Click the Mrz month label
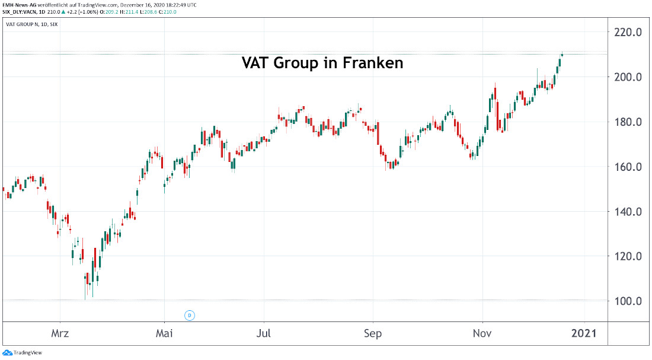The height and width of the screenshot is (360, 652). pyautogui.click(x=60, y=333)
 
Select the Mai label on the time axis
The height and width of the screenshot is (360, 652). pyautogui.click(x=164, y=333)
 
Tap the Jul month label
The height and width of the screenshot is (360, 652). pyautogui.click(x=264, y=333)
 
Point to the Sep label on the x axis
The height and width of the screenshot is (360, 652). pyautogui.click(x=372, y=333)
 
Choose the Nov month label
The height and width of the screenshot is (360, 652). pyautogui.click(x=483, y=333)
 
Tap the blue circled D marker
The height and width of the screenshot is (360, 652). pyautogui.click(x=190, y=316)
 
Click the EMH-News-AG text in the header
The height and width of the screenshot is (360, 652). pyautogui.click(x=20, y=4)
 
